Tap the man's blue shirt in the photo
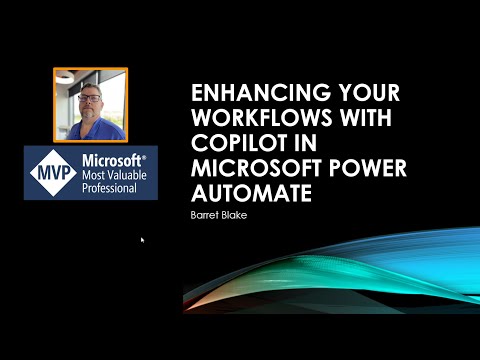pyautogui.click(x=90, y=130)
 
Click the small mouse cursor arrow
pyautogui.click(x=142, y=240)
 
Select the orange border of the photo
pyautogui.click(x=54, y=105)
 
